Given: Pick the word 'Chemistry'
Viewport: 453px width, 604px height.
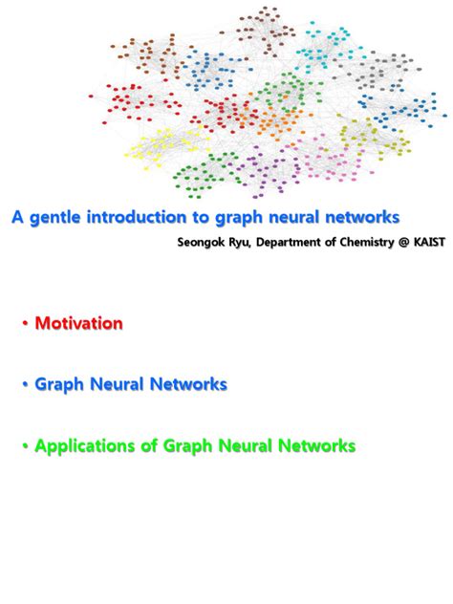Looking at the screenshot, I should pyautogui.click(x=368, y=243).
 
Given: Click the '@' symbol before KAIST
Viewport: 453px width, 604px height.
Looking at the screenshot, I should pyautogui.click(x=405, y=243).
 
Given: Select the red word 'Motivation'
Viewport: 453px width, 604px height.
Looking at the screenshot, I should pyautogui.click(x=78, y=324).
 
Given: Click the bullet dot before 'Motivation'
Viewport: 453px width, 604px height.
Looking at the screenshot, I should pyautogui.click(x=25, y=324).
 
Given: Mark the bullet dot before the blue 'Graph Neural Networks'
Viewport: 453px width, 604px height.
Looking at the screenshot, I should pyautogui.click(x=25, y=385).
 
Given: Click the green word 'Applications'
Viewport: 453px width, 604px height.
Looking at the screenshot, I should pyautogui.click(x=79, y=446).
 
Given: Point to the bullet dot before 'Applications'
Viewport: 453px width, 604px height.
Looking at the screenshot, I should pyautogui.click(x=25, y=446).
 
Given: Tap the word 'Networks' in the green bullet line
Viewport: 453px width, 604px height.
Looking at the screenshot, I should pyautogui.click(x=319, y=446).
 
